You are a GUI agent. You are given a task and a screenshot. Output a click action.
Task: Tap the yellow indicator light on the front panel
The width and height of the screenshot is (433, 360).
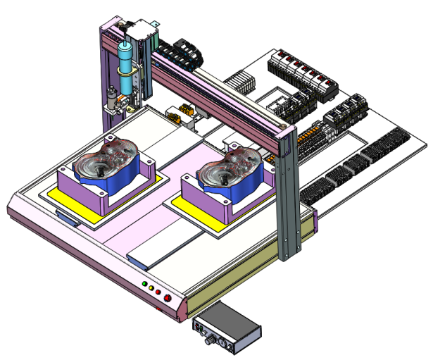coord(151,288)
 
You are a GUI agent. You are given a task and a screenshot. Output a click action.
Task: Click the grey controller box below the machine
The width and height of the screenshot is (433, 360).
coord(226,328)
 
